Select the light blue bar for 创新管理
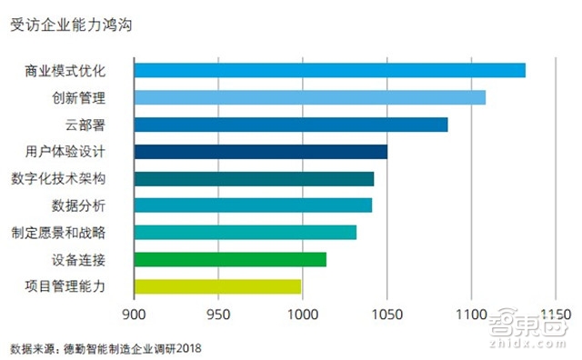(x=309, y=97)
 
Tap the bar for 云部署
(x=290, y=125)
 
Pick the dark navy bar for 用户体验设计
(x=260, y=152)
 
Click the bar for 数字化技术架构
(x=254, y=178)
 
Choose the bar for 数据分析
(x=253, y=205)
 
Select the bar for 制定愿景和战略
(x=245, y=232)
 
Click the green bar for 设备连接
(x=230, y=259)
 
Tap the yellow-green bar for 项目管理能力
(x=217, y=286)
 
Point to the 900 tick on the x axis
(x=135, y=315)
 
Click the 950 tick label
(x=218, y=315)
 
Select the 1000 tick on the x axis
(x=302, y=315)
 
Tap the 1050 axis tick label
(x=386, y=315)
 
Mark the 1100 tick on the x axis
(x=470, y=315)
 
